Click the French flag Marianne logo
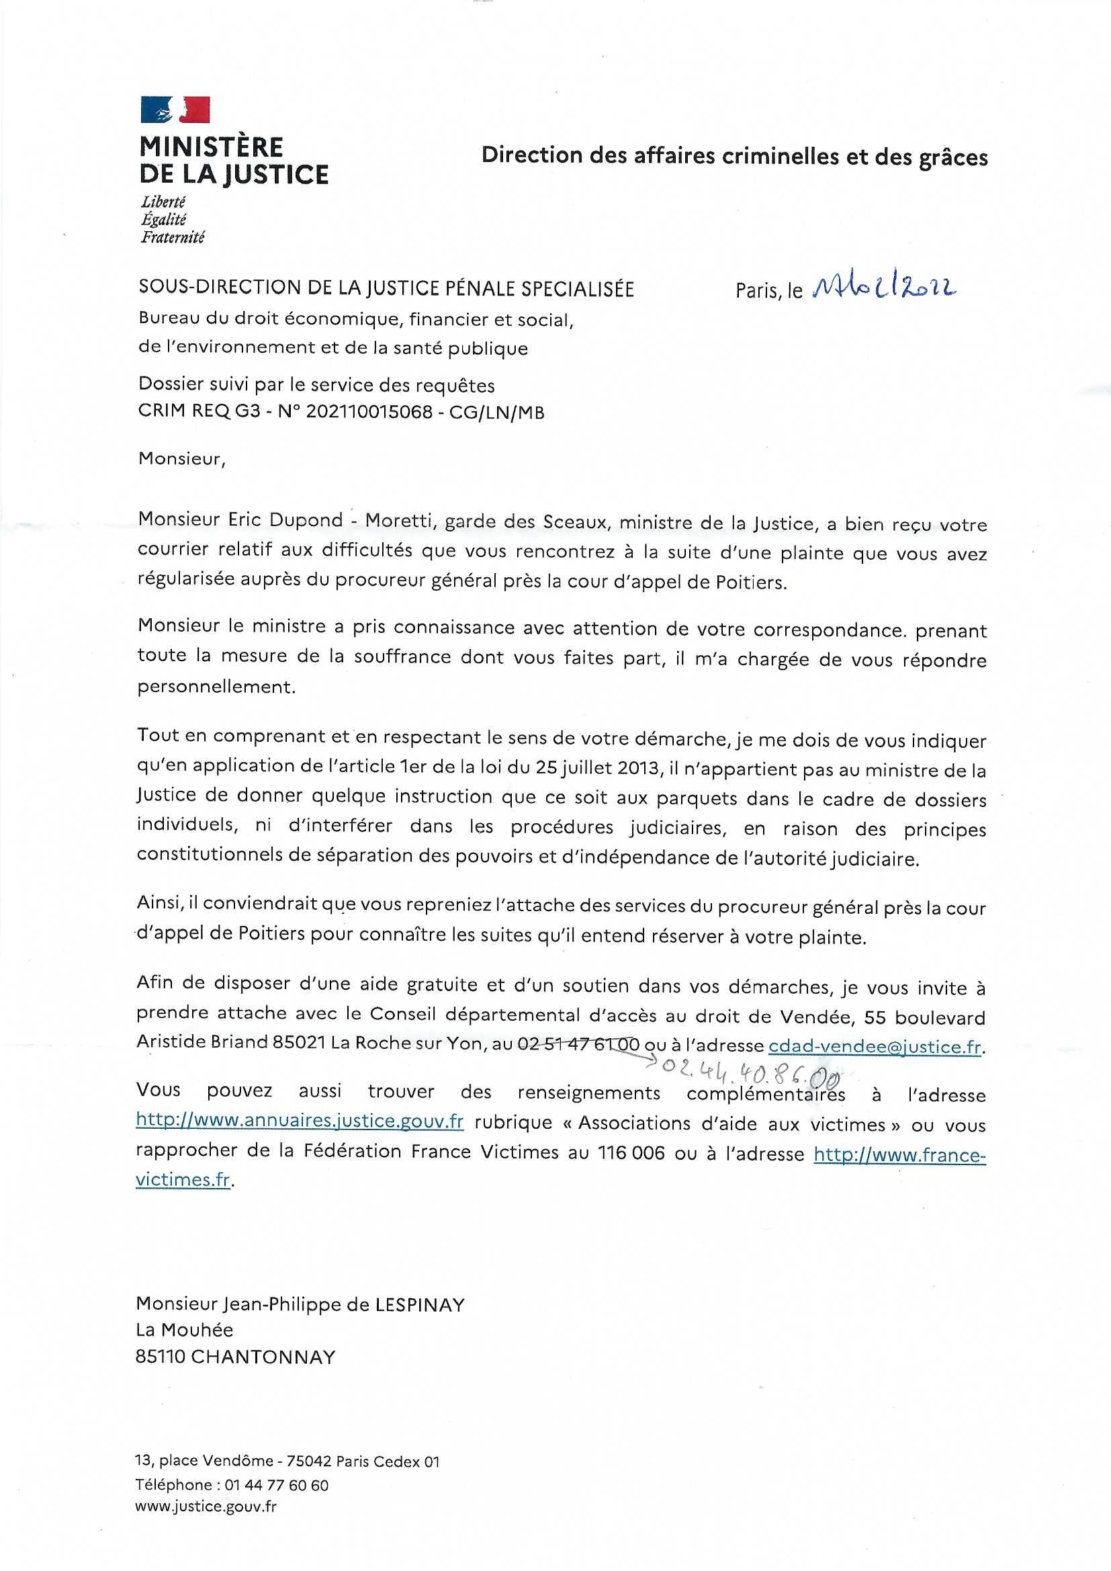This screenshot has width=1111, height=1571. pyautogui.click(x=175, y=110)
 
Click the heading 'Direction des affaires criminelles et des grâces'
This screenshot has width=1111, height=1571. pyautogui.click(x=734, y=156)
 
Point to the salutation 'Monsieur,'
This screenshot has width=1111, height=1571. pyautogui.click(x=181, y=458)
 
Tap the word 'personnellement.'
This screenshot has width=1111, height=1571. pyautogui.click(x=216, y=687)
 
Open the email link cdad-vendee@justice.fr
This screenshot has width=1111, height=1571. pyautogui.click(x=875, y=1046)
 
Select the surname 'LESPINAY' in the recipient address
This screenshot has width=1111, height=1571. pyautogui.click(x=419, y=1305)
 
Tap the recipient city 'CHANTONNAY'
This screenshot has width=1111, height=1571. pyautogui.click(x=263, y=1357)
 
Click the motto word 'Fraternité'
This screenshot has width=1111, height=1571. pyautogui.click(x=173, y=238)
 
